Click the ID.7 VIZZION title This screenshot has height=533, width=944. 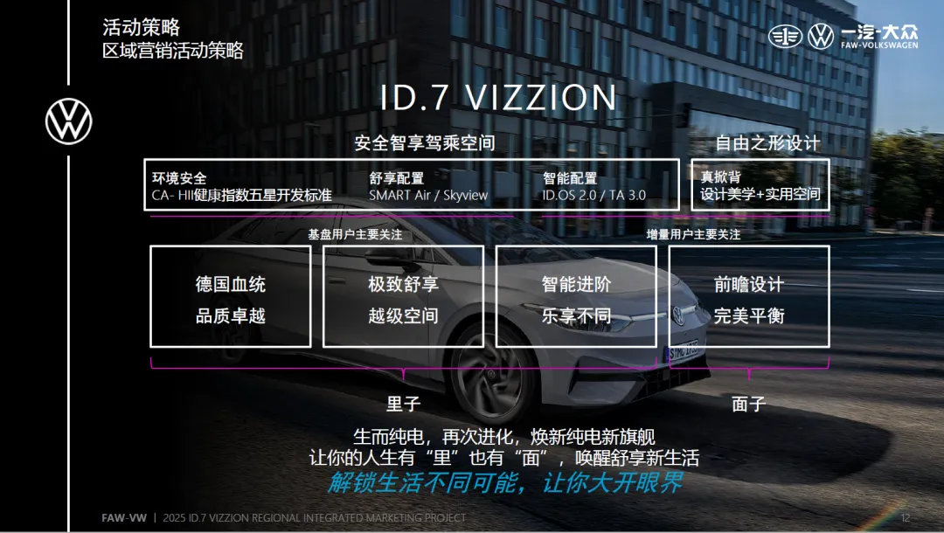[x=498, y=98]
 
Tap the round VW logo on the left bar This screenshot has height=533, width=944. [x=69, y=121]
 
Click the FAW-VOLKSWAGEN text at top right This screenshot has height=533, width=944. [x=879, y=45]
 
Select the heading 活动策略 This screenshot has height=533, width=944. [x=141, y=27]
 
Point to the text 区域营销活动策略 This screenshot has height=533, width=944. [x=173, y=50]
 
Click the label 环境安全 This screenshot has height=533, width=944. [x=179, y=178]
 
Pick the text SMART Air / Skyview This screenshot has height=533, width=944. [x=428, y=195]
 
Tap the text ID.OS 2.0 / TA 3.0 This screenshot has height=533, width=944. [x=593, y=195]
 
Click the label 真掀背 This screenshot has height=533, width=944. [x=720, y=177]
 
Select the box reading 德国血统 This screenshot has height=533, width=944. [x=231, y=296]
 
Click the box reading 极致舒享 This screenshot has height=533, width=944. [x=403, y=296]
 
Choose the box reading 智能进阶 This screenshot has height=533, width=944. [x=576, y=296]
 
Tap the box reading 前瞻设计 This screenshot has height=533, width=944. [x=749, y=296]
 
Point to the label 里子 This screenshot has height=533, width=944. [x=403, y=404]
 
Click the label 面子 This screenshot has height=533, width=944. [x=749, y=404]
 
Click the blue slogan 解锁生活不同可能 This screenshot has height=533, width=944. [x=422, y=482]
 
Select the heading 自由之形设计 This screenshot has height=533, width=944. [x=767, y=143]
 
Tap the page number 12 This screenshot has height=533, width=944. [x=906, y=518]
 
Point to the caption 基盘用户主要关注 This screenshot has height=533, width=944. [x=355, y=235]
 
